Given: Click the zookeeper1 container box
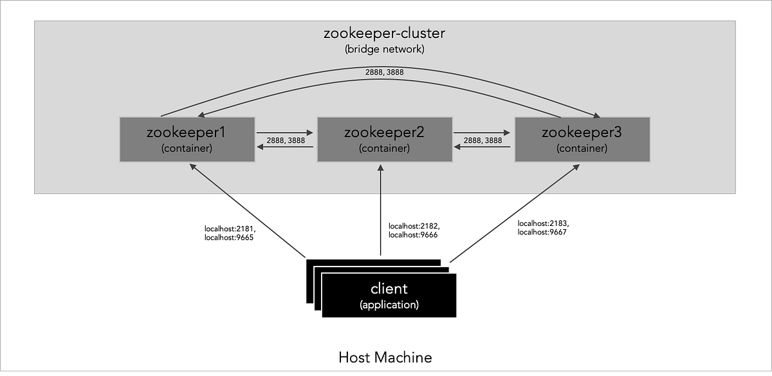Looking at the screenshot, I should tap(187, 139).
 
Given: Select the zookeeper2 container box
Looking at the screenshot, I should tap(383, 139).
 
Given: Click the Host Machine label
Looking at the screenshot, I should tap(385, 357).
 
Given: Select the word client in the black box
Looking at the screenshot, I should tap(389, 288).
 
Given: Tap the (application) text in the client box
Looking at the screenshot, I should tap(389, 305).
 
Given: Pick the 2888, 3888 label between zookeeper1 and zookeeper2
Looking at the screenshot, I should tap(284, 140).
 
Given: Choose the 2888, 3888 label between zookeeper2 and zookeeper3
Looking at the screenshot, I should tap(482, 140).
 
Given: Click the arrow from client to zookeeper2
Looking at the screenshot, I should tap(381, 212).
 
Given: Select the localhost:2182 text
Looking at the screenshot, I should tap(414, 226).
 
